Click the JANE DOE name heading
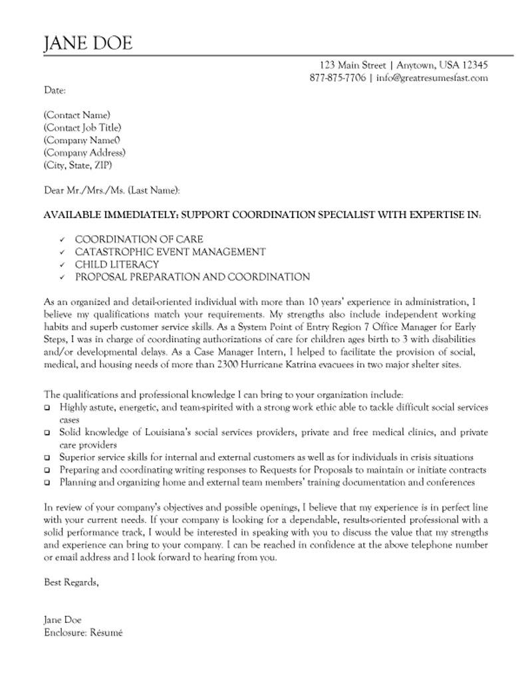[x=88, y=43]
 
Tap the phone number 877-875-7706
[x=337, y=78]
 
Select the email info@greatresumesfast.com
[x=432, y=78]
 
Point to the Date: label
[x=55, y=90]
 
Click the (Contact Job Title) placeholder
[x=82, y=128]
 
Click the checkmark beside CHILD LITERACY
[x=62, y=265]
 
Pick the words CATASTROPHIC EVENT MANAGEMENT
[x=170, y=252]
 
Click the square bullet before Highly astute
[x=47, y=407]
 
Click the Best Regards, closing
[x=71, y=582]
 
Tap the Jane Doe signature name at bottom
[x=63, y=620]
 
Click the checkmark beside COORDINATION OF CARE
[x=62, y=239]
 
